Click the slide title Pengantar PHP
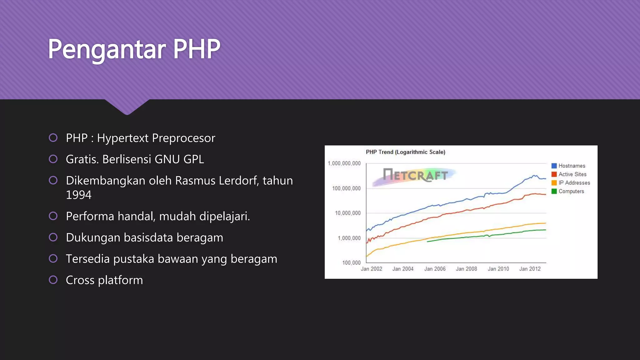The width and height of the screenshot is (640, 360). [134, 49]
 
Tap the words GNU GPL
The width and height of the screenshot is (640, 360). [179, 159]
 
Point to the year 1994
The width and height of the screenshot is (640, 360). [78, 195]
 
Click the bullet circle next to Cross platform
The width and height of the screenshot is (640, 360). [53, 280]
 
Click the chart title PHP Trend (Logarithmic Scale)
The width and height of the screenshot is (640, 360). [405, 152]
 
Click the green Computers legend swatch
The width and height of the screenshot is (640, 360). [554, 191]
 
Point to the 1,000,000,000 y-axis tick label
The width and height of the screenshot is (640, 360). [344, 163]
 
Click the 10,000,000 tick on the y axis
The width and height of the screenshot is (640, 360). [347, 213]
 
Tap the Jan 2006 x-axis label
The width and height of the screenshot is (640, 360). [435, 269]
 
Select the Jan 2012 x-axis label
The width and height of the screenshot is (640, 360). [530, 269]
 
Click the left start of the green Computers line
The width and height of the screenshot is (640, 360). [427, 242]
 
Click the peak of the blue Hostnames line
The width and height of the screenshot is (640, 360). [535, 175]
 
